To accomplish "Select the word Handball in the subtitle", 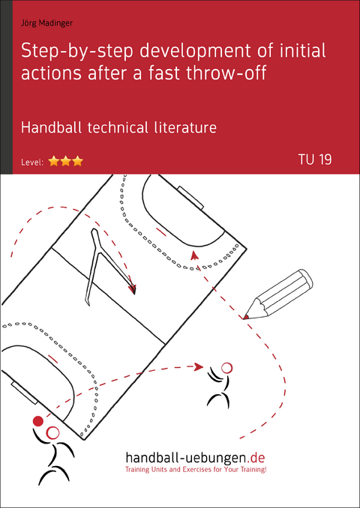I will click(70, 127).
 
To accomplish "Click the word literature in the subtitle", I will click(188, 127).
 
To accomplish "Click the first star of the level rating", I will click(54, 160).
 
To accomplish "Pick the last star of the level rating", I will click(77, 160).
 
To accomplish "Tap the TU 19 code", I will click(314, 159).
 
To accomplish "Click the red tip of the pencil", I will click(246, 316).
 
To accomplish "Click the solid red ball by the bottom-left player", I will click(38, 421).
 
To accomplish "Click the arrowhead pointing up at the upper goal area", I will click(194, 255).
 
